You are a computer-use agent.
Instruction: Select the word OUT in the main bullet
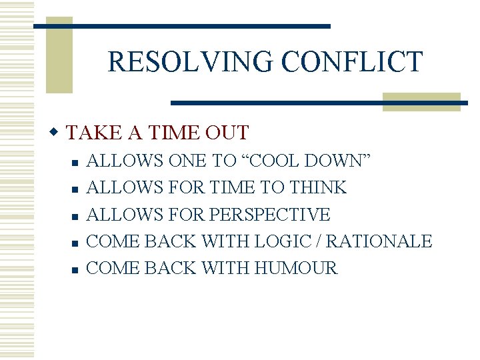227,133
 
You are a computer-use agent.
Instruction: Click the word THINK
318,188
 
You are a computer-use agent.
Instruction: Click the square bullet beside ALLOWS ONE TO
76,162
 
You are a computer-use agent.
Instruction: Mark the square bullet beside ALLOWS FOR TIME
76,189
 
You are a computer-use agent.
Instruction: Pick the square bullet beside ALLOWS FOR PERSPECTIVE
76,216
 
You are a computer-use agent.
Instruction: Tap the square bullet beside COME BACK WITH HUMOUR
76,269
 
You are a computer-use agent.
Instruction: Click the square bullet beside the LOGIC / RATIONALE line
76,243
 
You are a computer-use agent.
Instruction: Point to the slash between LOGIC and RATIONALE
335,241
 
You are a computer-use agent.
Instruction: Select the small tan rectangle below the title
421,101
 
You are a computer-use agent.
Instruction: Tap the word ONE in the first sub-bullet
188,161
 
